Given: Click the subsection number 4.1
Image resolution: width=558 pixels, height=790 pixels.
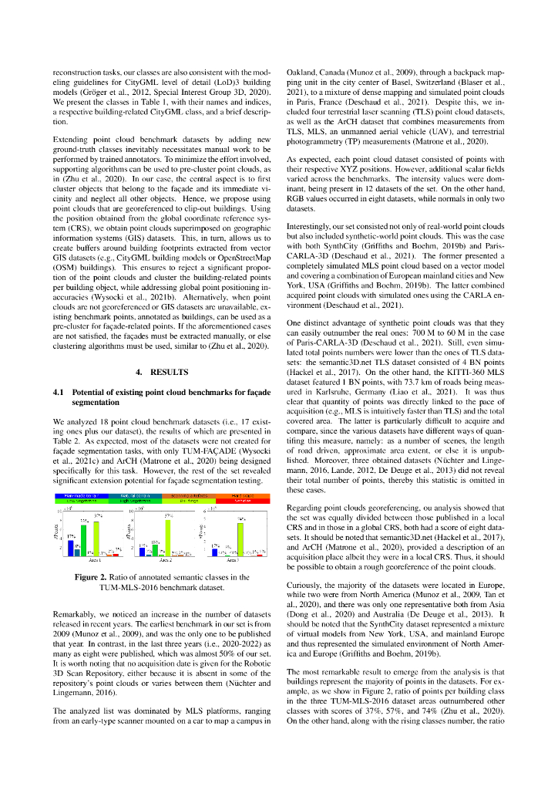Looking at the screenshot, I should point(59,392).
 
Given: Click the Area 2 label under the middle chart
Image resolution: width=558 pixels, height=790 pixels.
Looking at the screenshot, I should point(162,561).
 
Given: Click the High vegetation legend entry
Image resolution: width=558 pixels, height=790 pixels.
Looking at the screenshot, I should point(134,500).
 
